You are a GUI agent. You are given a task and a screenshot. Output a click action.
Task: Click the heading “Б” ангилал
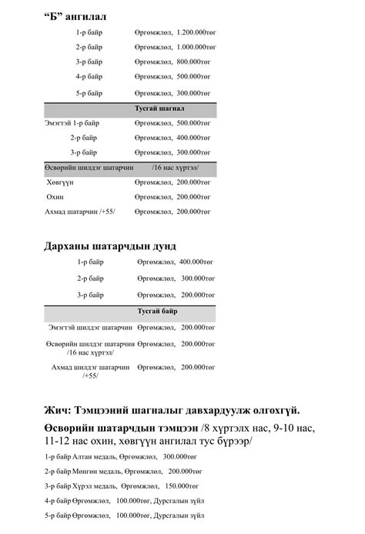point(75,15)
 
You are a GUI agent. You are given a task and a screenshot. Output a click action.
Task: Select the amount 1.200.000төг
point(194,33)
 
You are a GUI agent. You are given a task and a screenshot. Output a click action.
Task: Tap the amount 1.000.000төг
point(194,48)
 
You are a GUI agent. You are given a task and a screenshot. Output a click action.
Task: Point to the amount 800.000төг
point(191,62)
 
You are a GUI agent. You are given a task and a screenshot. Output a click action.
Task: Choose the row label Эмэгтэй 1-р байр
point(72,122)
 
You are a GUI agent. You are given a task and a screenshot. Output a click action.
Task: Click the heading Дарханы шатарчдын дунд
point(110,246)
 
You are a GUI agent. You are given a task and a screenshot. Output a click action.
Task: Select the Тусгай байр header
point(157,311)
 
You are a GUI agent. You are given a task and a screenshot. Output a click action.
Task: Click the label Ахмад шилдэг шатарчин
point(90,368)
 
